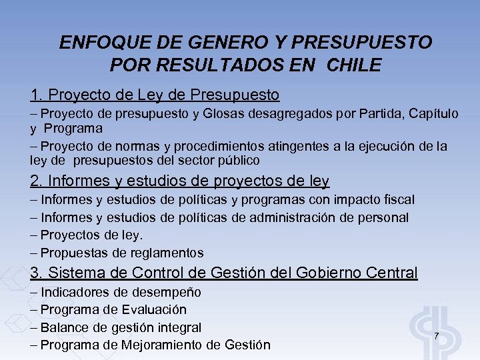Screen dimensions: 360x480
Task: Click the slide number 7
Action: coord(436,335)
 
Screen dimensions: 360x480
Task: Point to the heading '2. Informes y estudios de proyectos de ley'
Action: coord(180,181)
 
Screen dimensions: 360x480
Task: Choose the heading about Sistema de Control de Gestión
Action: coord(224,273)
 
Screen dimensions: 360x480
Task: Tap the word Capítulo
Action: coord(429,114)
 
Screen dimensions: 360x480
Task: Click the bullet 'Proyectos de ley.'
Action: coord(91,235)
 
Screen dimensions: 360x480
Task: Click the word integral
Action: coord(178,327)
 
